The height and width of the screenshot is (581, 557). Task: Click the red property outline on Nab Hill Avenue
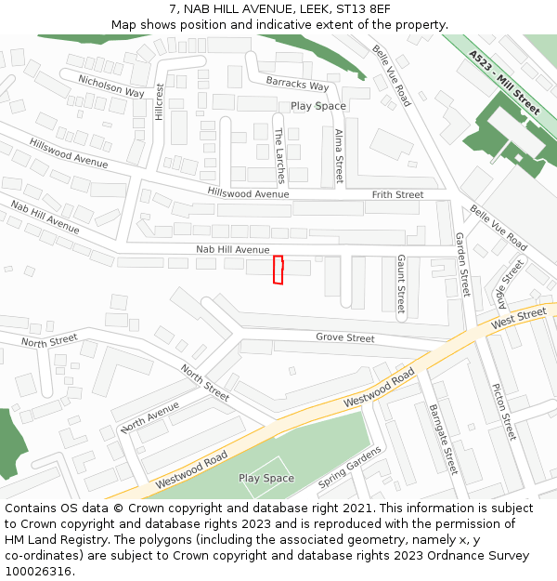pyautogui.click(x=278, y=270)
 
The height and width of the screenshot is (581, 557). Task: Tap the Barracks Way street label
pyautogui.click(x=298, y=86)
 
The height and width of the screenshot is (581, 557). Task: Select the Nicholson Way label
pyautogui.click(x=111, y=86)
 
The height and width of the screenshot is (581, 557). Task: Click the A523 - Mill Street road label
pyautogui.click(x=505, y=83)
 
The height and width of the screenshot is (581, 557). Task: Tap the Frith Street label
pyautogui.click(x=397, y=195)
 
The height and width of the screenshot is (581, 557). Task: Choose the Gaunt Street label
pyautogui.click(x=401, y=284)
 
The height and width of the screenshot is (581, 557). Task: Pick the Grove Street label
pyautogui.click(x=345, y=338)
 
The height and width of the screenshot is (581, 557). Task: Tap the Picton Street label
pyautogui.click(x=503, y=412)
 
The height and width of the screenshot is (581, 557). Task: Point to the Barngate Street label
pyautogui.click(x=444, y=439)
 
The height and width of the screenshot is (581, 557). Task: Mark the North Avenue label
pyautogui.click(x=149, y=417)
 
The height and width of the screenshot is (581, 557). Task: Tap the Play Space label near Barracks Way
pyautogui.click(x=318, y=106)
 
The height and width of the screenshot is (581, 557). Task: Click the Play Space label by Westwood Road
pyautogui.click(x=266, y=479)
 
